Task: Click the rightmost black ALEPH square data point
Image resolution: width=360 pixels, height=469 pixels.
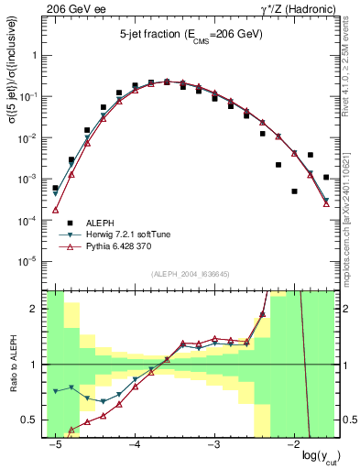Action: click(x=327, y=177)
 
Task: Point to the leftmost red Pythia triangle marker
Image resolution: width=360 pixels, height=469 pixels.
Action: click(x=55, y=210)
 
